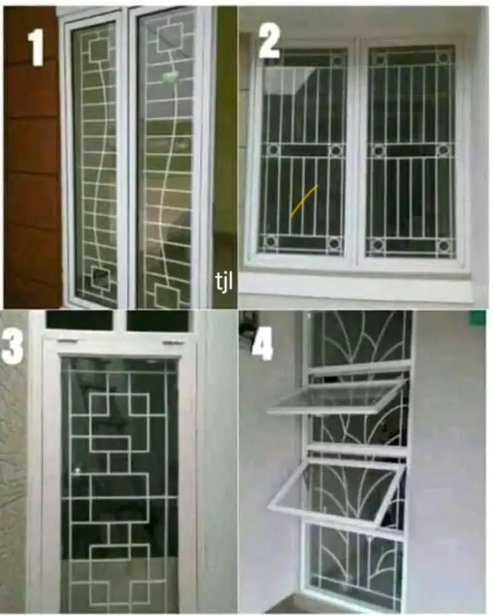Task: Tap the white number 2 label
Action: click(x=269, y=41)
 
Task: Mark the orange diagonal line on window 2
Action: click(x=304, y=200)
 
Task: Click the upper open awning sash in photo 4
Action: click(x=337, y=397)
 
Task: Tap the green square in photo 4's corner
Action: click(x=478, y=317)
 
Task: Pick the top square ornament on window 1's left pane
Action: click(x=98, y=50)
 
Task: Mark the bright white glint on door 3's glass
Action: click(x=78, y=470)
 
